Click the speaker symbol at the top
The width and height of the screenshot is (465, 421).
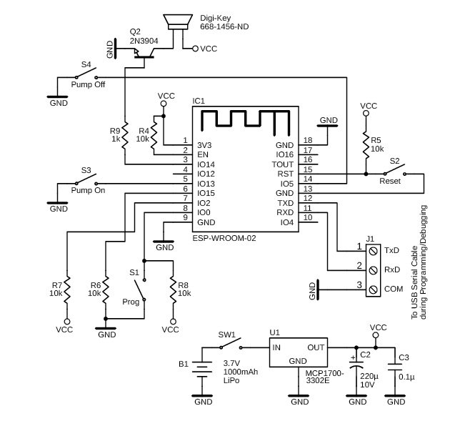point(178,22)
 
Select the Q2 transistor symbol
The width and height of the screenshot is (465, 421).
point(144,54)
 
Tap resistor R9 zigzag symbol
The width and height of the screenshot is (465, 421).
point(125,135)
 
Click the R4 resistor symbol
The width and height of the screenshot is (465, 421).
point(154,135)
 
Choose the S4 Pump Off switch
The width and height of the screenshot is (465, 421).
point(86,74)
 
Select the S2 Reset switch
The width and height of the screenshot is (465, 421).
point(395,170)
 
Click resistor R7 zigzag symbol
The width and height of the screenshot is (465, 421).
point(67,289)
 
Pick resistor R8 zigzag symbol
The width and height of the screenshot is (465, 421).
point(173,289)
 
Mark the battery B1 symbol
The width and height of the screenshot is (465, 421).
point(202,369)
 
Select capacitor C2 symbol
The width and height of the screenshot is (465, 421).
point(356,365)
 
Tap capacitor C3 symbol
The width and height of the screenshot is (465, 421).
point(395,367)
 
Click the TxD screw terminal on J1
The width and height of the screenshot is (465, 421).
point(373,251)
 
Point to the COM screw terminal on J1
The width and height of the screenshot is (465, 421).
point(373,289)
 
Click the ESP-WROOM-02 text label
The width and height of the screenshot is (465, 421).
point(224,238)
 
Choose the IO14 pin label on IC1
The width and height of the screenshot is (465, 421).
point(206,164)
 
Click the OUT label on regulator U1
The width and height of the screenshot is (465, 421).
point(316,347)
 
